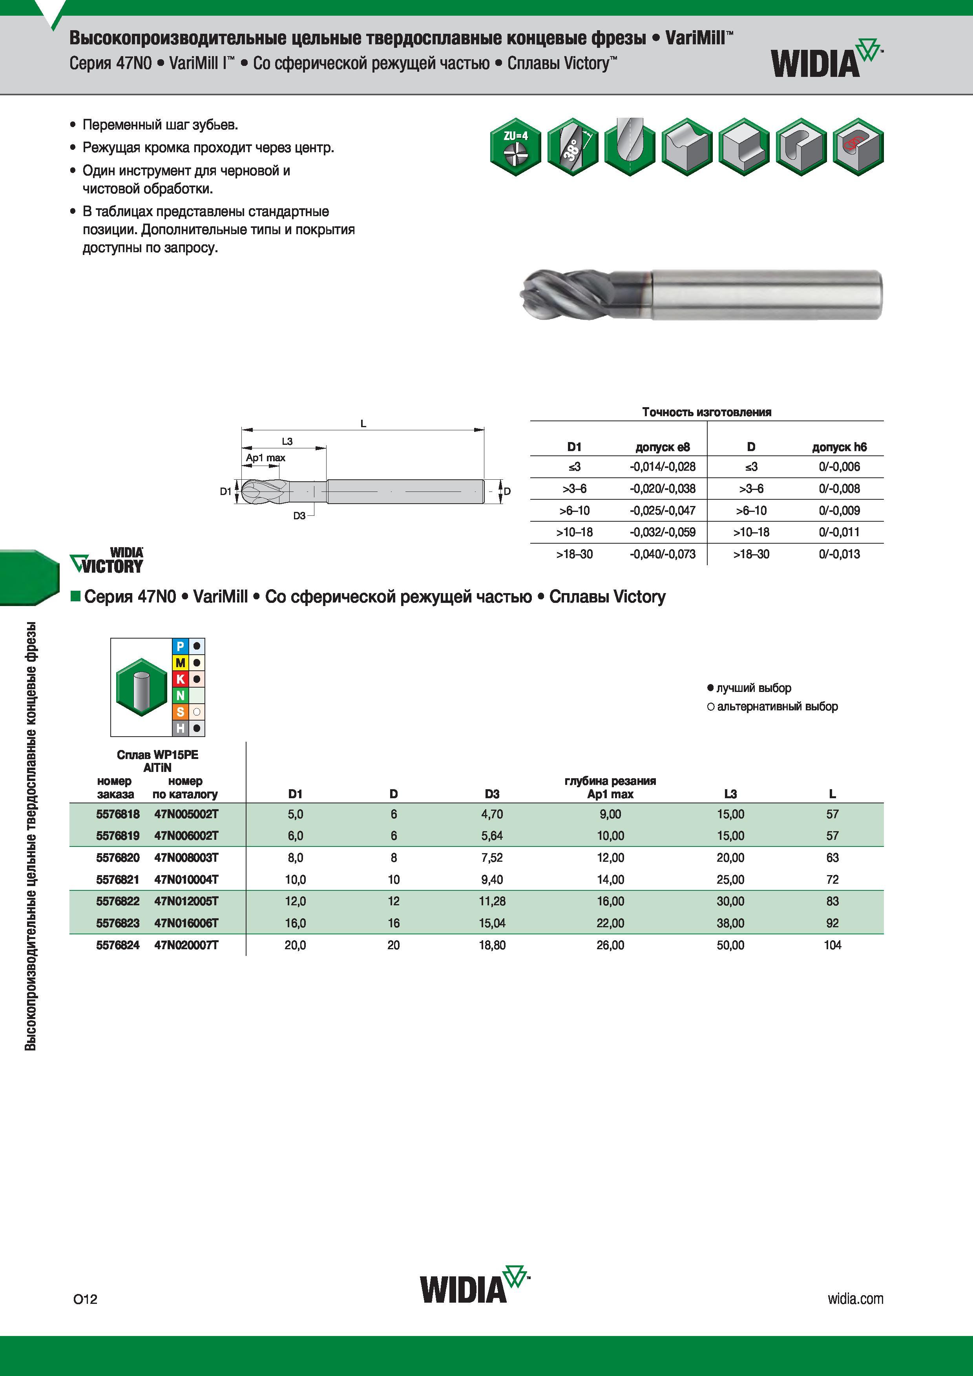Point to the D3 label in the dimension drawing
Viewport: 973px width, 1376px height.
click(x=299, y=515)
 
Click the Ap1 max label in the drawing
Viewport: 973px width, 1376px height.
click(x=266, y=458)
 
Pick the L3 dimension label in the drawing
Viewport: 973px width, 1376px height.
click(x=287, y=442)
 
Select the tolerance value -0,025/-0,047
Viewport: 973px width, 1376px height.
click(x=663, y=511)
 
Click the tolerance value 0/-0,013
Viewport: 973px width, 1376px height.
click(x=839, y=554)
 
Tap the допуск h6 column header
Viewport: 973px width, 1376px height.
click(x=839, y=447)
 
